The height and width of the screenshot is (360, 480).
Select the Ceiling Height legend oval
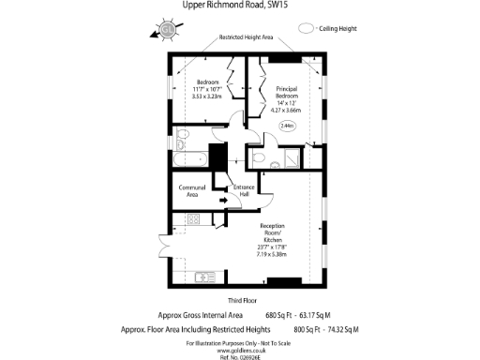[x=307, y=29]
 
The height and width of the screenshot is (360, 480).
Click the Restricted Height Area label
[x=246, y=37]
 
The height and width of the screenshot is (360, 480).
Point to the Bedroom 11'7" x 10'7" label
[x=205, y=86]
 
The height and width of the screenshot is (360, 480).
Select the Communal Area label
[x=190, y=191]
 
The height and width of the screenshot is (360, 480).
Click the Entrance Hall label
[x=243, y=190]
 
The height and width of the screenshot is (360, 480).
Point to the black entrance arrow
[x=223, y=199]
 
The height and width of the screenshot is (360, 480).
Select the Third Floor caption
[x=240, y=300]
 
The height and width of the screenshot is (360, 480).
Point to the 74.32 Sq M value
[x=339, y=330]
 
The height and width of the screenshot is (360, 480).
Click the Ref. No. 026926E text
[x=240, y=357]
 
